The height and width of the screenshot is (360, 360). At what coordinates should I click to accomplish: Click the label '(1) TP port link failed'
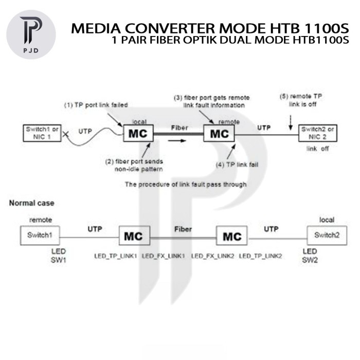(96, 105)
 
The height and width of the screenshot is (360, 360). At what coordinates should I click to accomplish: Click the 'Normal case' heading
(31, 203)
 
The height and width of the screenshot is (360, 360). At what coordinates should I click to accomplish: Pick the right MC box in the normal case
(232, 237)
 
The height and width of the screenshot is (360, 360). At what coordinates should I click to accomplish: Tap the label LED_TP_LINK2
(260, 256)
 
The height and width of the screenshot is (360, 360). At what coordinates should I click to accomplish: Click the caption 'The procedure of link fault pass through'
(186, 184)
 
